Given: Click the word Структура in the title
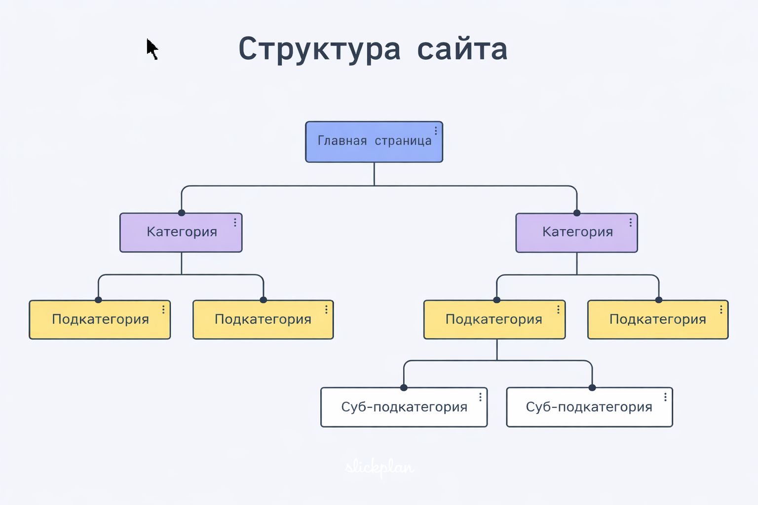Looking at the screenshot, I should tap(319, 49).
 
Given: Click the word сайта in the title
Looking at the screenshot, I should tap(462, 49).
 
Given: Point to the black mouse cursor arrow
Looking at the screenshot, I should tap(152, 48).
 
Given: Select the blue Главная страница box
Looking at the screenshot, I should tap(374, 142).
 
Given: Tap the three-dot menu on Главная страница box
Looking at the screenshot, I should tap(436, 131).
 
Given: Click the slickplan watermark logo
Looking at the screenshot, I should tap(379, 467).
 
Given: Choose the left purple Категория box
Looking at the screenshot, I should tap(181, 232).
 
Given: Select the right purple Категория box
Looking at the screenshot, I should tap(576, 232).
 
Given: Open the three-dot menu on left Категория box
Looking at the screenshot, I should tap(235, 222).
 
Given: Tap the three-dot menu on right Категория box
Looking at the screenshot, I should tap(630, 222).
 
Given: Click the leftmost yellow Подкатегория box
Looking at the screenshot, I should tap(100, 320).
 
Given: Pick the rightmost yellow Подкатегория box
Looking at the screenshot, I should tap(657, 320).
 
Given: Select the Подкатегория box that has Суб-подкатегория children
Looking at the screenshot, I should tap(494, 320).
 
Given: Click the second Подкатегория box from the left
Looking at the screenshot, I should tap(263, 320).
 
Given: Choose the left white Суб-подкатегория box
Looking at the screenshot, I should tap(404, 407).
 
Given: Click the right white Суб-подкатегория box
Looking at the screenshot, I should tap(589, 407).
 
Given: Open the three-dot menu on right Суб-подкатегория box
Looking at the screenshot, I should tap(665, 397).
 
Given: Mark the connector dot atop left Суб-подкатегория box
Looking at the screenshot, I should tap(404, 388).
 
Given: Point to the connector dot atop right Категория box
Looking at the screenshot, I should tap(576, 213).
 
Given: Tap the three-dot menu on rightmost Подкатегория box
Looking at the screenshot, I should tap(721, 310).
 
